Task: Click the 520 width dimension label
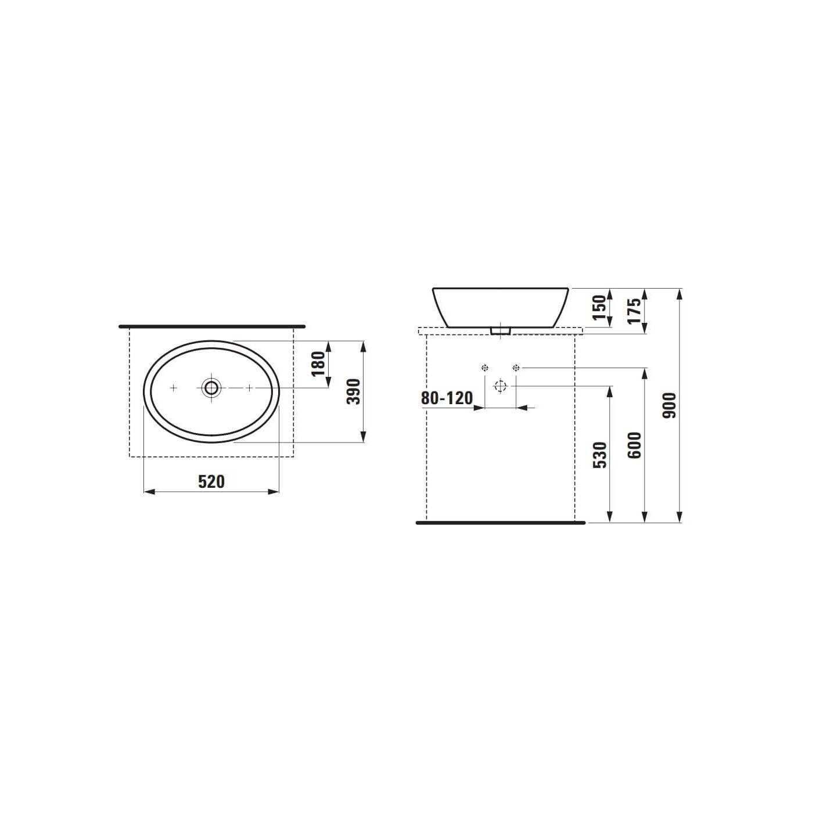coord(211,482)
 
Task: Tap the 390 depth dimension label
coord(354,391)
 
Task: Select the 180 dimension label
coord(319,364)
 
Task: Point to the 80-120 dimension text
coord(447,398)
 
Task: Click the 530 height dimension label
coord(599,455)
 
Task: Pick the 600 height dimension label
coord(634,445)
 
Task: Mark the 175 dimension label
coord(634,311)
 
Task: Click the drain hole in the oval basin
coord(211,387)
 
